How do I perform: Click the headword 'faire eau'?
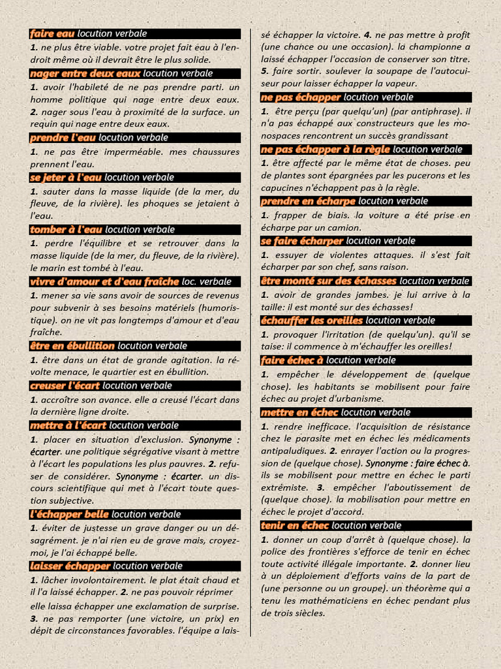(52, 33)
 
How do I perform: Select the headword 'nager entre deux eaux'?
(85, 73)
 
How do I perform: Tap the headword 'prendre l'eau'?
(63, 137)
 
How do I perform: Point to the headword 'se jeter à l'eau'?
(66, 177)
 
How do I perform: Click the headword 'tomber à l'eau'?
(66, 229)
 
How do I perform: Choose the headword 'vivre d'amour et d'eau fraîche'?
(104, 282)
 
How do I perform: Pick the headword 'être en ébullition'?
(72, 346)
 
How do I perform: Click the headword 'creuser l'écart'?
(65, 385)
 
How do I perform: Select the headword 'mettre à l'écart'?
(68, 425)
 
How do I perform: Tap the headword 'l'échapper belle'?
(69, 514)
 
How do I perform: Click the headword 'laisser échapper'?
(70, 566)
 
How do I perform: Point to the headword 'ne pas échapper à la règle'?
(326, 149)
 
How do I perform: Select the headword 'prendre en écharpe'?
(308, 201)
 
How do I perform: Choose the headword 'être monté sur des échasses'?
(329, 281)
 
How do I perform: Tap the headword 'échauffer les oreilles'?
(311, 320)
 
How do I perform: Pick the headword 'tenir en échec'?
(295, 525)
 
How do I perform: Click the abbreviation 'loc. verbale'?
(207, 282)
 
